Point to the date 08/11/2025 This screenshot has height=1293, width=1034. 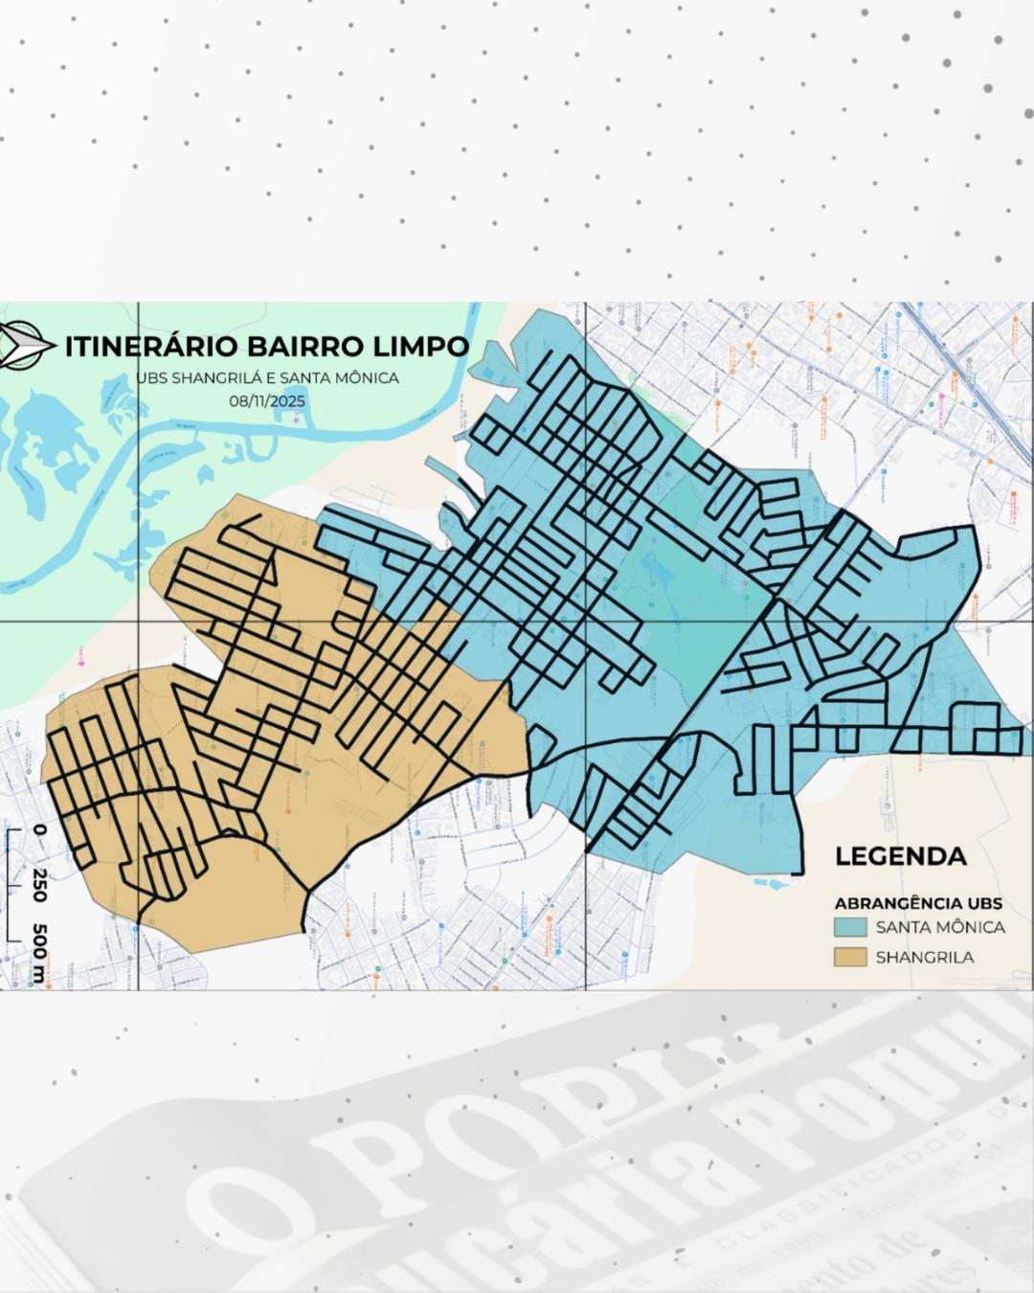click(267, 400)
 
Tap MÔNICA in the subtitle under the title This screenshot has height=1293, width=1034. click(366, 377)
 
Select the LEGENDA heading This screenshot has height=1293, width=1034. click(900, 856)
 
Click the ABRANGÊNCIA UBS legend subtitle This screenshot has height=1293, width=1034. click(918, 903)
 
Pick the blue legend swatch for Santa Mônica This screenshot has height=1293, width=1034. click(850, 927)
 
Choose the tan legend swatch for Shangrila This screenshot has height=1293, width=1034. click(850, 957)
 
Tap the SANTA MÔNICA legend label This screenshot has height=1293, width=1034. click(940, 927)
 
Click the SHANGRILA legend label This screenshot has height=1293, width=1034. click(924, 957)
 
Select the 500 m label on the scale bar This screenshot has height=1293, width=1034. click(39, 953)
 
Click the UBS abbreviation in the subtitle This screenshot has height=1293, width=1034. click(151, 377)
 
